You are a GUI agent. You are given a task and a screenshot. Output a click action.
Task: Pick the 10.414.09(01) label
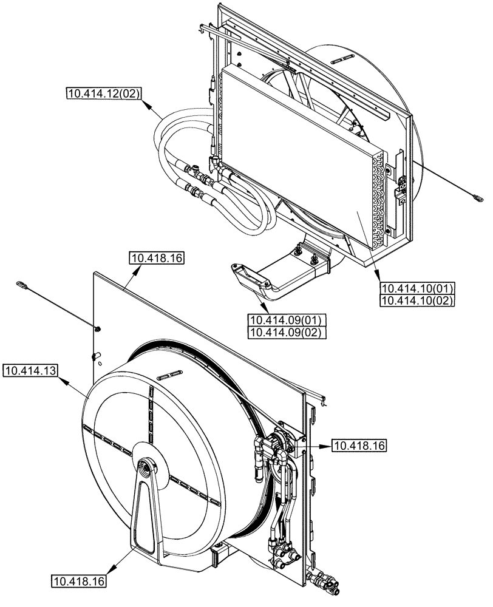[286, 320]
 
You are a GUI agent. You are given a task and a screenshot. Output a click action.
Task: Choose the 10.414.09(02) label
[286, 333]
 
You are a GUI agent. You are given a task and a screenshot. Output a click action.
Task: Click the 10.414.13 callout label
[30, 370]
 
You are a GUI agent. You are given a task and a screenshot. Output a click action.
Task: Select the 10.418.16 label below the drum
[78, 582]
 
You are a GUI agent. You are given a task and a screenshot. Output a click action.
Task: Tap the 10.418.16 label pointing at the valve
[359, 446]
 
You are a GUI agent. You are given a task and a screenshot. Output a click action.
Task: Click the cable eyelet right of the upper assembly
[478, 196]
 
